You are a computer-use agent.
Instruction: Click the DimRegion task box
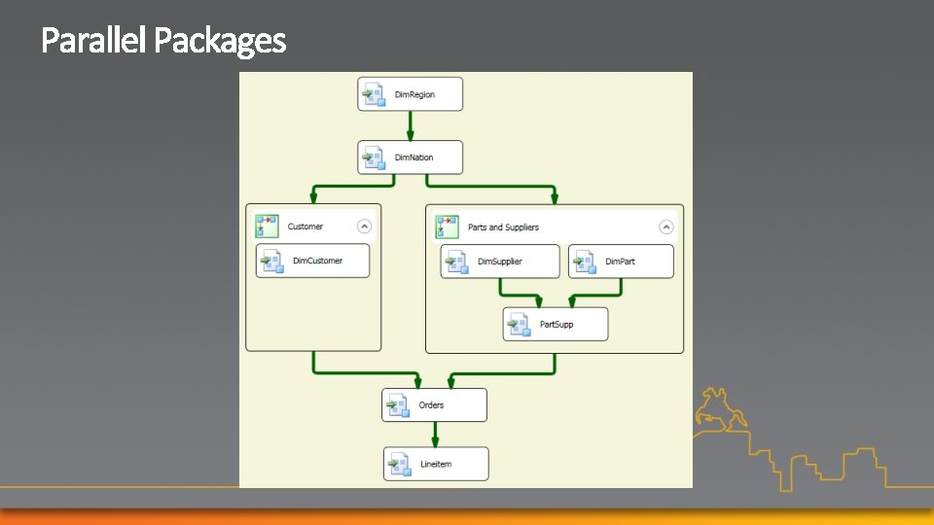[x=410, y=94]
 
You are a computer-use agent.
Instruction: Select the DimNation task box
[x=410, y=157]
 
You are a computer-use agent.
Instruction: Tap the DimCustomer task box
[x=312, y=261]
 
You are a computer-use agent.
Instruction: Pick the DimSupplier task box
[x=500, y=262]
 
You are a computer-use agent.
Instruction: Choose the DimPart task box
[x=621, y=262]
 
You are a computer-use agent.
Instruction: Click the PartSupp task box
[x=555, y=324]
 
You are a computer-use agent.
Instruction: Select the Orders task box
[x=434, y=404]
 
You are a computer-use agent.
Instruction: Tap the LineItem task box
[x=436, y=464]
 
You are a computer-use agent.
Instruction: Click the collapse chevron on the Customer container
[x=364, y=227]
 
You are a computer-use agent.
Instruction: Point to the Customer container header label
[x=305, y=227]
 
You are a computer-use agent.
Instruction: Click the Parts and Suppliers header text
[x=503, y=227]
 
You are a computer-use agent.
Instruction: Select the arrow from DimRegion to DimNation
[x=410, y=125]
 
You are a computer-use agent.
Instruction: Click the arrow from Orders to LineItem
[x=435, y=434]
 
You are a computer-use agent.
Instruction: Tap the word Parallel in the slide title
[x=94, y=41]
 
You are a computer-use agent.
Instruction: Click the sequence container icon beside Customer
[x=267, y=227]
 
